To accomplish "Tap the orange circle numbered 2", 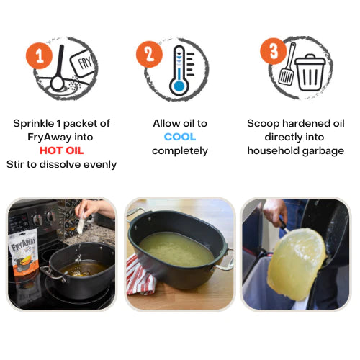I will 148,53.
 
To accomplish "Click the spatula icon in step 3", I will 287,65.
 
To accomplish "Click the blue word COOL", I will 179,137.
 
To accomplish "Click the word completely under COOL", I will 179,150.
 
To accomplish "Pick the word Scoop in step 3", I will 264,123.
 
